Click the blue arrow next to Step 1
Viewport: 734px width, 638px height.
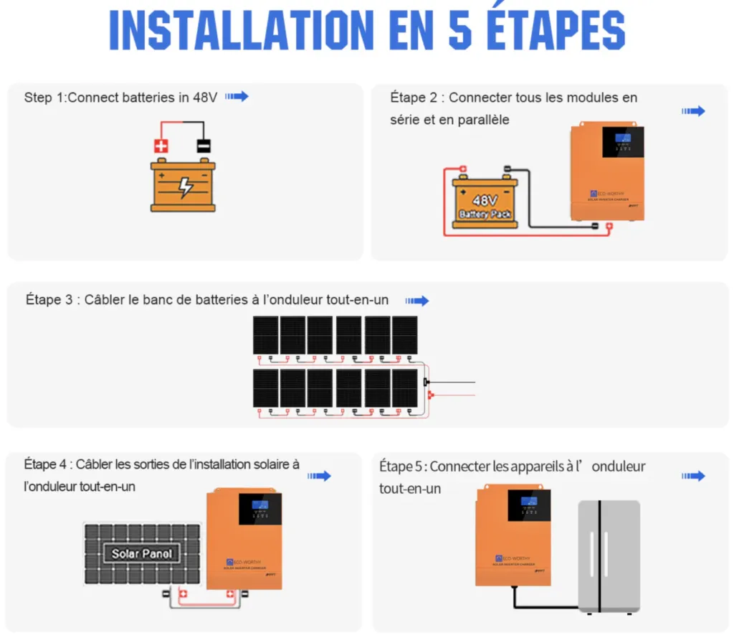tap(237, 97)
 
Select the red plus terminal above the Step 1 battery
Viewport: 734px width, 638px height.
tap(161, 146)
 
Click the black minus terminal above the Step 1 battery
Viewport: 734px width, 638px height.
tap(204, 146)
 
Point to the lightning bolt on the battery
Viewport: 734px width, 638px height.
tap(185, 186)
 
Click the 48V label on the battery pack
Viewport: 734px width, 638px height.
tap(485, 200)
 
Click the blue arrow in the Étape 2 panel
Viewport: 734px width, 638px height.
tap(693, 111)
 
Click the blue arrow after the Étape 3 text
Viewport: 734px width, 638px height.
tap(417, 301)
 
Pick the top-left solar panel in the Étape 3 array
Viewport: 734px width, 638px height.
tap(265, 335)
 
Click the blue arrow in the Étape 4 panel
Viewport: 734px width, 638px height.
tap(320, 476)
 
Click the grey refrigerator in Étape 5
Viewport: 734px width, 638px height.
tap(609, 556)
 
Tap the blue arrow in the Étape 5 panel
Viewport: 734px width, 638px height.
tap(693, 476)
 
